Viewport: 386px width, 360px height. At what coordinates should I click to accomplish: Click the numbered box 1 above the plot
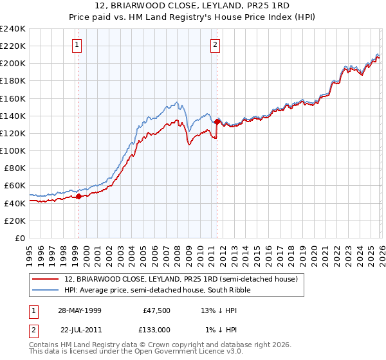pyautogui.click(x=77, y=44)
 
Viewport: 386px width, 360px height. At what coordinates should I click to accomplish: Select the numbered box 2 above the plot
pyautogui.click(x=215, y=44)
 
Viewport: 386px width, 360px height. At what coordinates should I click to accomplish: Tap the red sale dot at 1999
pyautogui.click(x=79, y=197)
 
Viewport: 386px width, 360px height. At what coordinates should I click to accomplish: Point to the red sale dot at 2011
pyautogui.click(x=217, y=122)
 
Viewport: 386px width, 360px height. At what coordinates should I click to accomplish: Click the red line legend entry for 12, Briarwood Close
pyautogui.click(x=181, y=279)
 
